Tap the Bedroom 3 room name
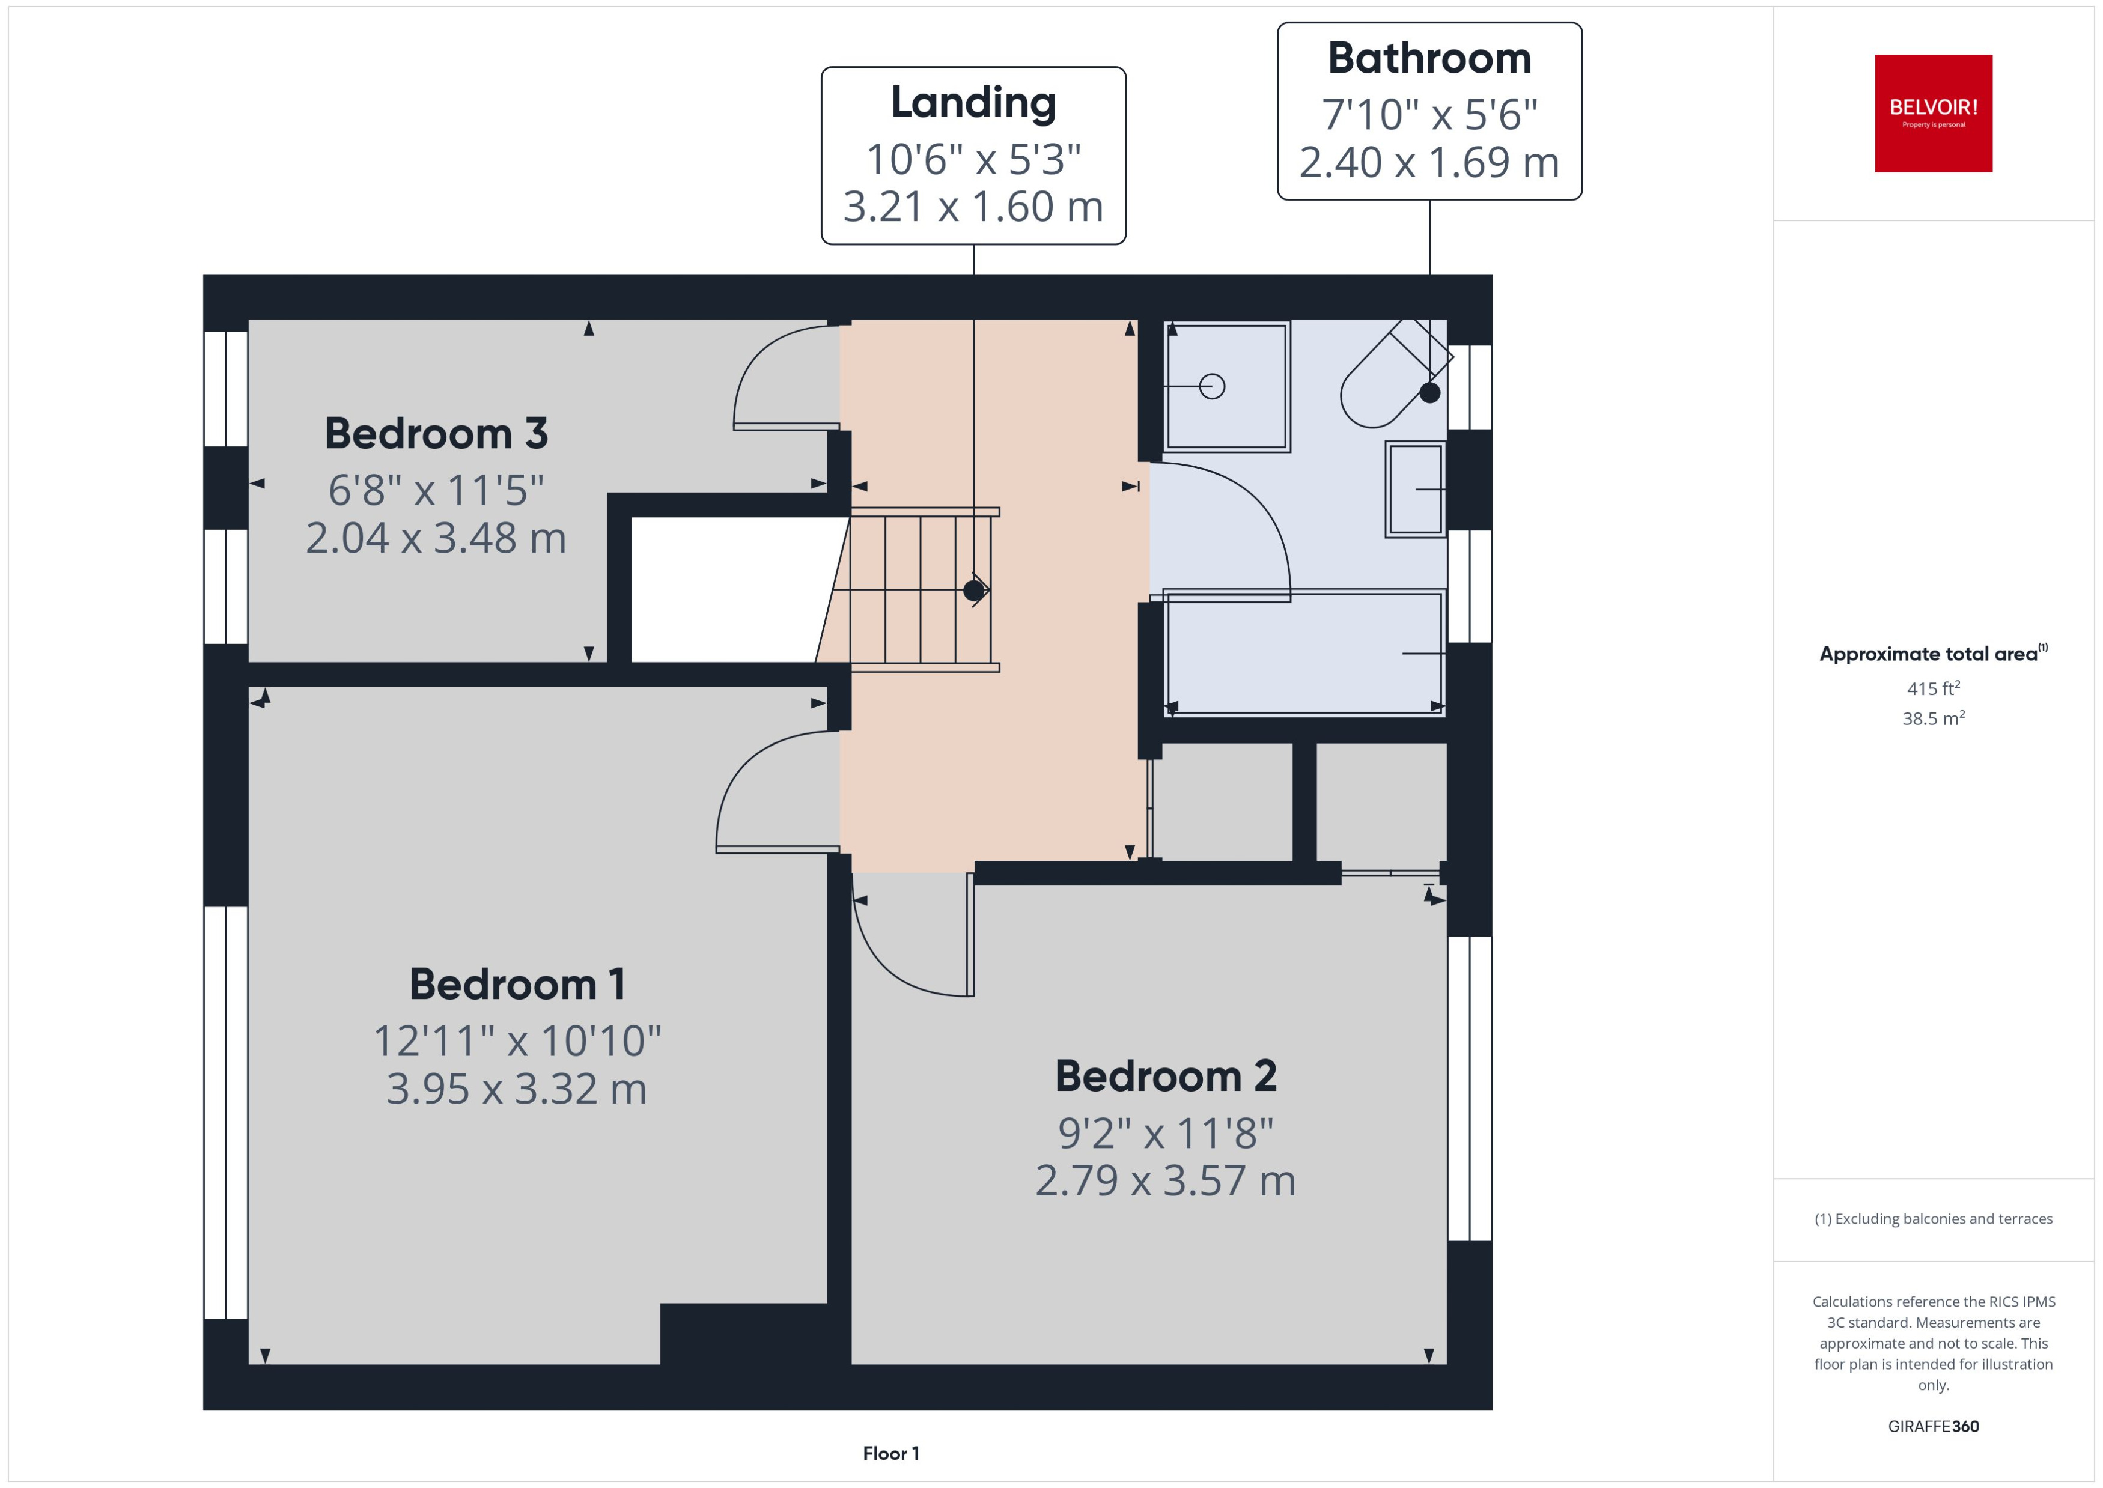(436, 433)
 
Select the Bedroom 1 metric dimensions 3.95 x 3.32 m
(516, 1089)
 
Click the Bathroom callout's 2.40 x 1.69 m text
(1429, 162)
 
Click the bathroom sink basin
(1416, 489)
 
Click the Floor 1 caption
(890, 1453)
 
